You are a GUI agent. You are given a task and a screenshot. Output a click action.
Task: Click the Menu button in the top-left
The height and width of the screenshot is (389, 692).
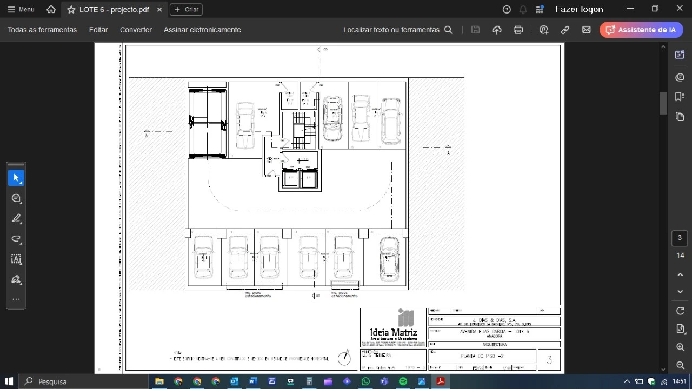click(21, 9)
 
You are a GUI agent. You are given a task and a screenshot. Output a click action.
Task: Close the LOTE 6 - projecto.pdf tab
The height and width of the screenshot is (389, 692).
click(159, 10)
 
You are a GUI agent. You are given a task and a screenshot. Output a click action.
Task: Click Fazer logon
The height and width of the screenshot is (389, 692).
click(579, 9)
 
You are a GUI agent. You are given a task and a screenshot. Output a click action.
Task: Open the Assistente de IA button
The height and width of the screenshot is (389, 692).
click(641, 30)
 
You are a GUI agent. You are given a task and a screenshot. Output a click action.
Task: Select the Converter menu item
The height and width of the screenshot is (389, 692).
click(136, 30)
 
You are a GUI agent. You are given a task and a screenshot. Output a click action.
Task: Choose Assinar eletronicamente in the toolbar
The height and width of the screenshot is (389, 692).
click(202, 30)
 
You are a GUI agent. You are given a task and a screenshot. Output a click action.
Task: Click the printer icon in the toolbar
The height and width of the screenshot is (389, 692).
click(518, 30)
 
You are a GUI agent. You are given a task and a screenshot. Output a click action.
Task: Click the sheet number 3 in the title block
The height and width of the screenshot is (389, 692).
click(549, 360)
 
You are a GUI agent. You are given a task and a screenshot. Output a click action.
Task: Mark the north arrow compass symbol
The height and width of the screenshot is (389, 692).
click(344, 357)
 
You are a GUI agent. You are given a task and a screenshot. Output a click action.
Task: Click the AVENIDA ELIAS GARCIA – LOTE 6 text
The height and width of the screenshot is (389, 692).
click(494, 332)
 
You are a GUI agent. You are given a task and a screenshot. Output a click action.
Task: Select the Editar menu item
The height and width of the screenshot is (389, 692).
click(98, 30)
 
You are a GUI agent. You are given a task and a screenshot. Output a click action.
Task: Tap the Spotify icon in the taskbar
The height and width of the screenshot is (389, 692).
click(403, 381)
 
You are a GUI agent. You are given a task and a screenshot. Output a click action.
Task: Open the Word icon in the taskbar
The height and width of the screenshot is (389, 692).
click(253, 381)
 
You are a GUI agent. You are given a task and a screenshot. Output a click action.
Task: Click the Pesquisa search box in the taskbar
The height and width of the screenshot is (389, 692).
click(84, 381)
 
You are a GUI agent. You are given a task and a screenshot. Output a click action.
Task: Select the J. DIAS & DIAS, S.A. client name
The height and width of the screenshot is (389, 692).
click(494, 320)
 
